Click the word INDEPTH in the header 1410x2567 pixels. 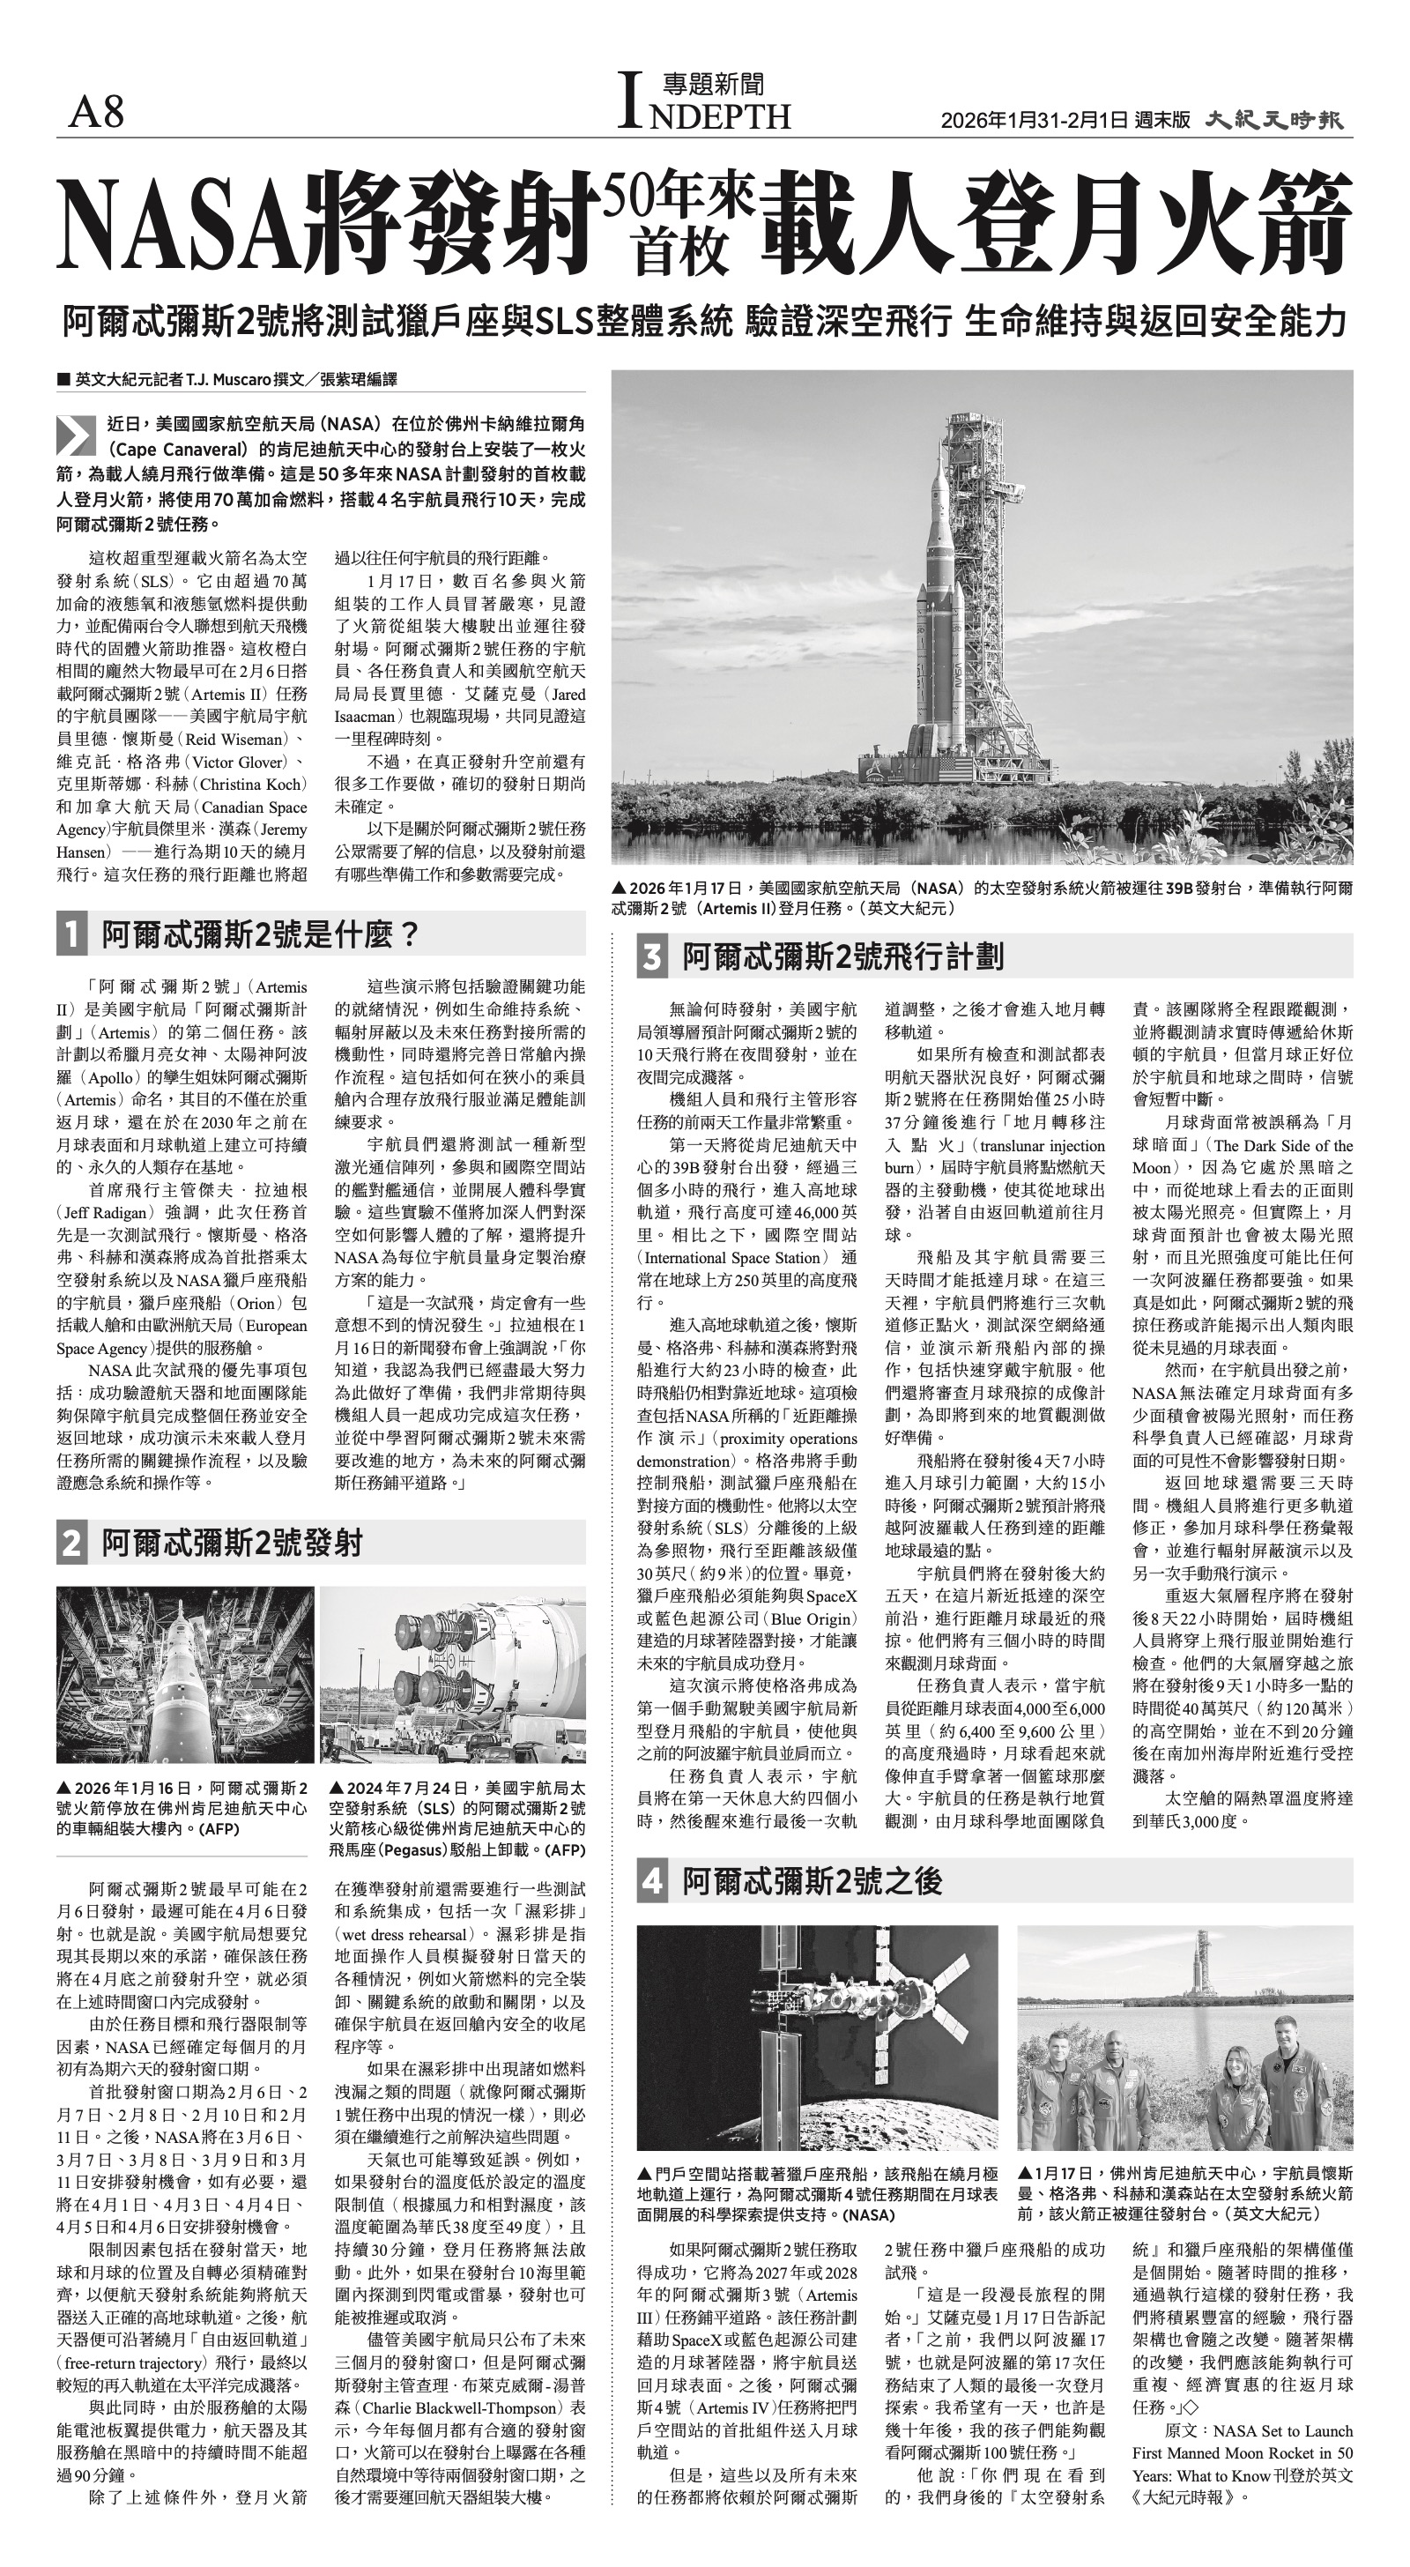pyautogui.click(x=706, y=115)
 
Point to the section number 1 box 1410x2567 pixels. pyautogui.click(x=71, y=934)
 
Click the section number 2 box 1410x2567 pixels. pyautogui.click(x=71, y=1544)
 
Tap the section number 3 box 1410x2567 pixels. pyautogui.click(x=653, y=957)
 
